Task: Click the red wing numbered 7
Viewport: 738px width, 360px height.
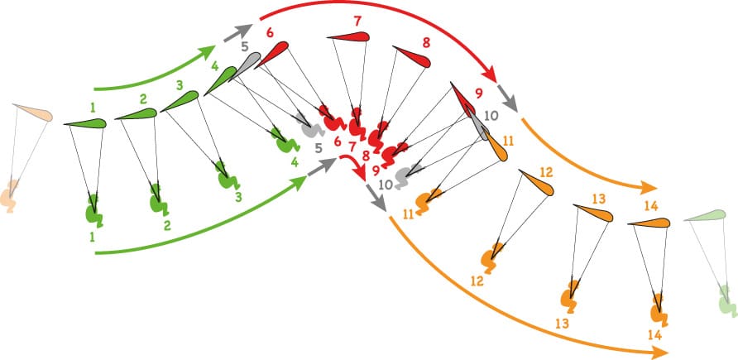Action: [349, 36]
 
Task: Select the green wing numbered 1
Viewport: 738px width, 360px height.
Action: [86, 123]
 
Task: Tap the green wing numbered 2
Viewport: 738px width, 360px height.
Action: [137, 114]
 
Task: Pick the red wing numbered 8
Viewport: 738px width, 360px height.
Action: [411, 57]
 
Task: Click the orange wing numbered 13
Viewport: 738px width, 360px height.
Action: [593, 214]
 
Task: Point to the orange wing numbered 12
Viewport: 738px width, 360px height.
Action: [536, 183]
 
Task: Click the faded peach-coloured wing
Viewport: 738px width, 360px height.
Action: [32, 113]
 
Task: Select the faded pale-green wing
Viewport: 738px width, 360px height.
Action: [705, 215]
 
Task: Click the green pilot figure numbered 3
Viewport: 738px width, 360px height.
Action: [228, 176]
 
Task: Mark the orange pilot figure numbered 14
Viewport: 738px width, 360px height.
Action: [659, 310]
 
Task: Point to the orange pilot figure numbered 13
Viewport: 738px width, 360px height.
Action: [570, 296]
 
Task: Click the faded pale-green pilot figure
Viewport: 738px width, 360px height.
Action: [727, 300]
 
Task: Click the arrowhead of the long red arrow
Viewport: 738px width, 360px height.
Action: [490, 74]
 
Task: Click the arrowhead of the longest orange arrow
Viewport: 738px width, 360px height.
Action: [660, 352]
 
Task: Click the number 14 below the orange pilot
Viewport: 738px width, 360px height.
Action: [654, 335]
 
